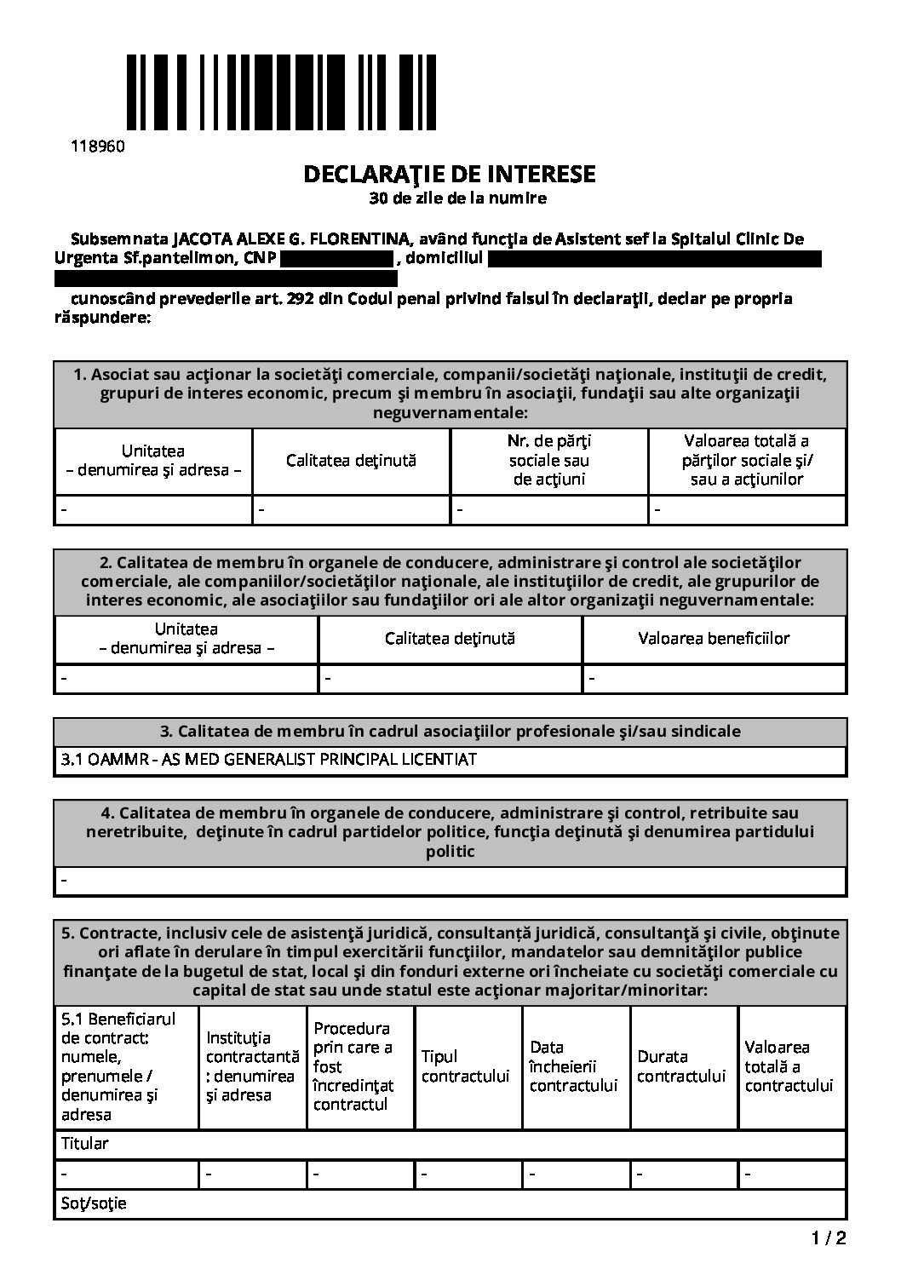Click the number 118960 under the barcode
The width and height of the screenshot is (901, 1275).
point(97,146)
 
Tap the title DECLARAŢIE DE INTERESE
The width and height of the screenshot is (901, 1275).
point(450,175)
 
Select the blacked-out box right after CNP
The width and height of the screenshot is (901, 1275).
point(336,258)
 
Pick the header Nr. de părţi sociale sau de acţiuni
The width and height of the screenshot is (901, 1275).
point(549,460)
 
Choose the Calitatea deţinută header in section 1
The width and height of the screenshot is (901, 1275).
point(351,460)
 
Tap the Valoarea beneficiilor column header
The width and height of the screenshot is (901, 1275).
point(714,638)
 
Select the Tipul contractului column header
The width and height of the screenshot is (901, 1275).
point(465,1066)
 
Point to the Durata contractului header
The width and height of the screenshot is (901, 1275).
point(681,1066)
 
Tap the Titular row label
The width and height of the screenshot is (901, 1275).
point(85,1143)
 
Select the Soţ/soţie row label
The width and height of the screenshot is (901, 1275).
point(94,1203)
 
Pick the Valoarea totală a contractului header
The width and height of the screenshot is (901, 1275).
point(789,1066)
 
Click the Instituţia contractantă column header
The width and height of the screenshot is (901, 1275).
point(252,1066)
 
